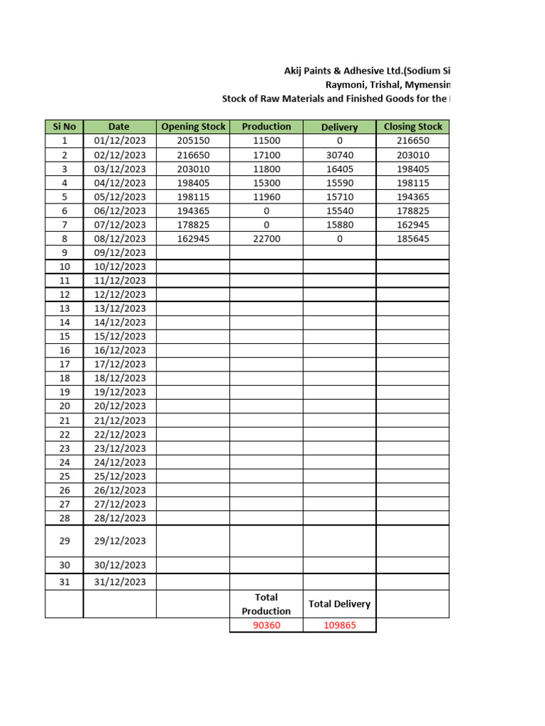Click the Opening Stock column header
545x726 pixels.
[193, 127]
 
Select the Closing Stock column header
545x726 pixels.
[412, 127]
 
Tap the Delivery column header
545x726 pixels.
[339, 127]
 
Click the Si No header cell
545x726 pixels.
[65, 127]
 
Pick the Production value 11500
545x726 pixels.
[266, 141]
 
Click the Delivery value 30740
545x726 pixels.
[339, 155]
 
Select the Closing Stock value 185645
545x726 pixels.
[412, 239]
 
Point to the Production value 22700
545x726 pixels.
[266, 239]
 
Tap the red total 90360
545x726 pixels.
[266, 626]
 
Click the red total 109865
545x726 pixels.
[339, 626]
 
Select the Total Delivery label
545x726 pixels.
[339, 604]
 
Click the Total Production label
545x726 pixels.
[266, 604]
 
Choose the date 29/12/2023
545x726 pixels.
[119, 541]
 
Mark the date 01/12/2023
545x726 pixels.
[119, 141]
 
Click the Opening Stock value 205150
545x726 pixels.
[193, 141]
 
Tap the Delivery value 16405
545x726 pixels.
[339, 169]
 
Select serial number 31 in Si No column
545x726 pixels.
[65, 582]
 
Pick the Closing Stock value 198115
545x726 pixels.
[412, 183]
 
